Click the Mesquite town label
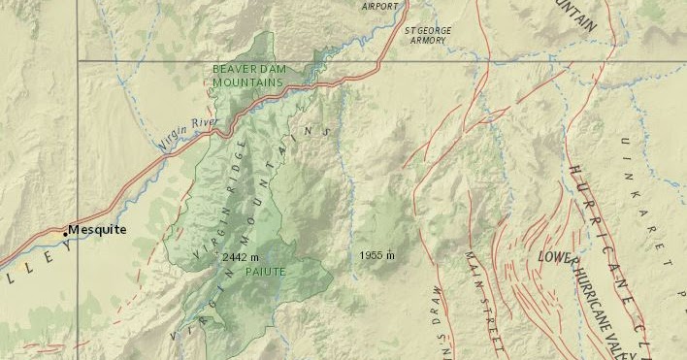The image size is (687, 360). click(97, 230)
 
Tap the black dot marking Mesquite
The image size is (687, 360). click(66, 232)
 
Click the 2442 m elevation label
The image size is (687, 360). click(241, 258)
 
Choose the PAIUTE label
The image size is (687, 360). click(265, 272)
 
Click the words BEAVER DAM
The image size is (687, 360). click(247, 70)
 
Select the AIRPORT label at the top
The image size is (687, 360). click(379, 6)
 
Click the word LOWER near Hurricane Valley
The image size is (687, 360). click(558, 258)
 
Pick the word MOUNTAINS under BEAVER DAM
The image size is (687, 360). click(247, 83)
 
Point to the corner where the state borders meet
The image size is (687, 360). click(78, 61)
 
